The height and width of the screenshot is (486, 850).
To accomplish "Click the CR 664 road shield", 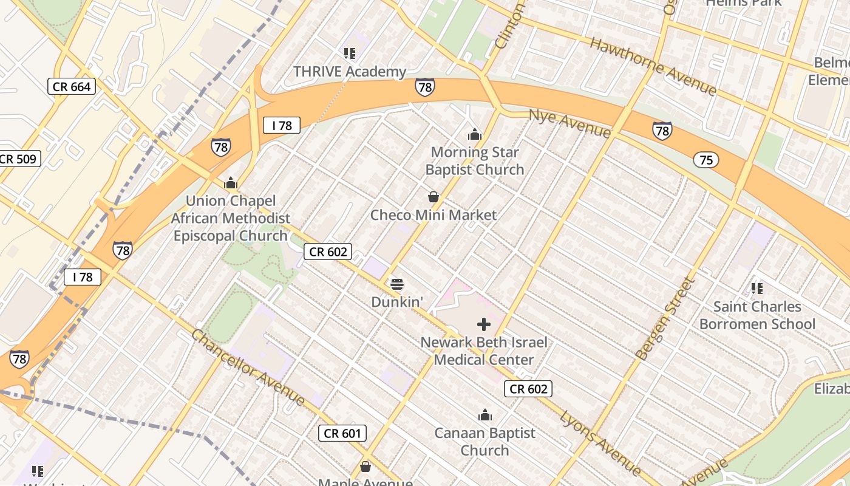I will click(72, 87).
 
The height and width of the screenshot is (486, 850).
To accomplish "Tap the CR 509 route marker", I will click(19, 159).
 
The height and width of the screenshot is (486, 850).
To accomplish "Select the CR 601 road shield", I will click(342, 433).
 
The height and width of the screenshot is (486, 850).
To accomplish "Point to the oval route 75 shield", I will click(705, 160).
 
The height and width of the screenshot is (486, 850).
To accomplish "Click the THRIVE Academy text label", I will click(350, 72).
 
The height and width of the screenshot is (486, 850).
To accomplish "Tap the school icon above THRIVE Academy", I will click(349, 53).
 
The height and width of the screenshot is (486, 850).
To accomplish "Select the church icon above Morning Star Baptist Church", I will click(474, 134).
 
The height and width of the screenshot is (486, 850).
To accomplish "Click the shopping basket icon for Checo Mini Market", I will click(433, 197).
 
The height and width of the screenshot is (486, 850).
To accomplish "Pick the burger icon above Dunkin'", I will click(397, 284).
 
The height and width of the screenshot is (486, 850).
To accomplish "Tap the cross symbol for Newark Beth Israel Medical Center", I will click(484, 324).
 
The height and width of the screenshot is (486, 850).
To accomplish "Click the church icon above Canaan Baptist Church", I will click(484, 416).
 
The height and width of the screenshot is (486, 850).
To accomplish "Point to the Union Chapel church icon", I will click(231, 183).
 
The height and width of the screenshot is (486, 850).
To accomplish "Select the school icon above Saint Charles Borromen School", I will click(756, 288).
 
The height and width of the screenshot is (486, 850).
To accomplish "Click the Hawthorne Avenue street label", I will click(653, 66).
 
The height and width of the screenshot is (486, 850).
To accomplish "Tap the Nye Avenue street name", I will click(569, 124).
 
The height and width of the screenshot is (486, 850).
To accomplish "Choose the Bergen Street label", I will click(664, 318).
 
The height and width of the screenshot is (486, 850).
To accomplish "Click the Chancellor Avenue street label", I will click(248, 368).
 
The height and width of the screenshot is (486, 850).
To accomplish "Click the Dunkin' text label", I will click(396, 302).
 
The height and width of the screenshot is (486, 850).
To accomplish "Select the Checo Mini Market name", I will click(433, 215).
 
